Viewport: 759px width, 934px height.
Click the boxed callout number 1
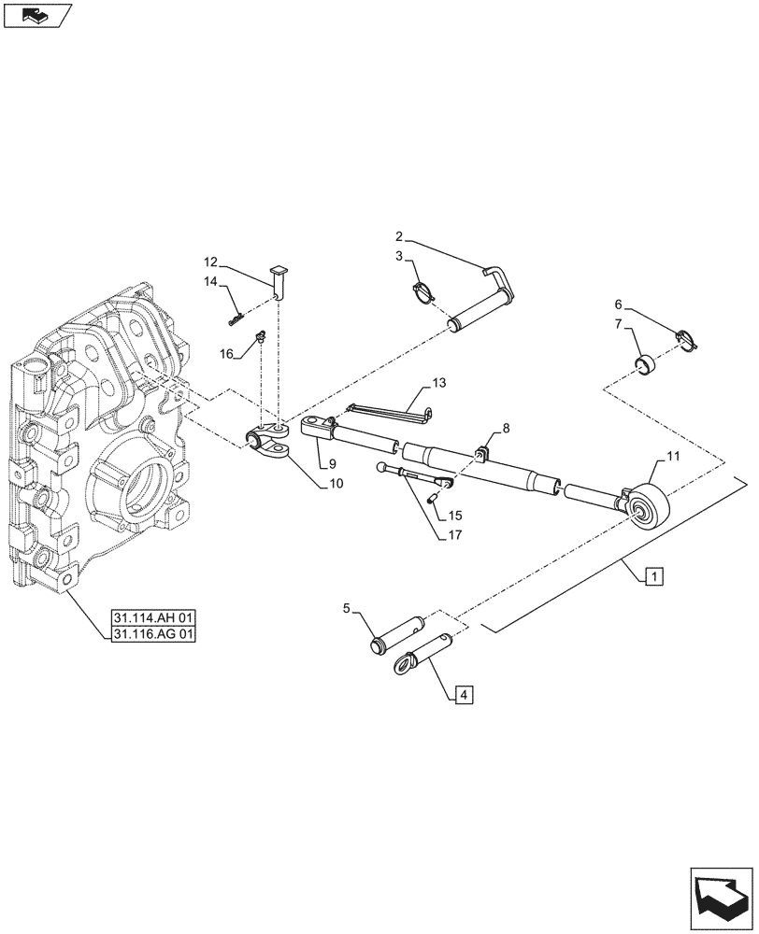pyautogui.click(x=653, y=576)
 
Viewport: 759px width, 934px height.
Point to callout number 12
pyautogui.click(x=210, y=262)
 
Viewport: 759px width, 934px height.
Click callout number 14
pyautogui.click(x=210, y=281)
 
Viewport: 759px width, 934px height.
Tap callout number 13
pyautogui.click(x=439, y=383)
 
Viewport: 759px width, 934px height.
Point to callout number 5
pyautogui.click(x=347, y=609)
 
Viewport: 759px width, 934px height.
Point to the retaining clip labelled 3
pyautogui.click(x=424, y=290)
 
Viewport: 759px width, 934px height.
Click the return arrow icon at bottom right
pyautogui.click(x=721, y=897)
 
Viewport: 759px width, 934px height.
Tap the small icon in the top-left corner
pyautogui.click(x=36, y=15)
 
